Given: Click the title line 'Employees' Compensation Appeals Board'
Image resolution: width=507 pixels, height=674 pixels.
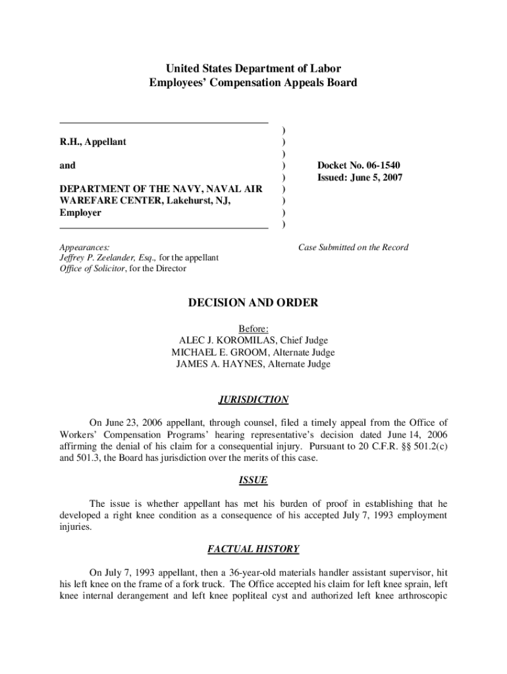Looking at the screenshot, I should coord(253,83).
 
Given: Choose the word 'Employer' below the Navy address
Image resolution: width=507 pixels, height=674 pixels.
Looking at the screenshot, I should coord(80,213).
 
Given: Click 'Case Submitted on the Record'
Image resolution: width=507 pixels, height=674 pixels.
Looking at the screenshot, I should coord(353,247).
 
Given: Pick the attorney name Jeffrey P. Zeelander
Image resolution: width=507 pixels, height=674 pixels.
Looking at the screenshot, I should coord(97,258).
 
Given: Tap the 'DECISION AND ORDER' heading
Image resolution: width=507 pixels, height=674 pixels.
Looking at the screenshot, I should coord(253,303).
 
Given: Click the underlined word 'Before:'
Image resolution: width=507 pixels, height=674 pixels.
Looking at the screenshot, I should coord(253,328).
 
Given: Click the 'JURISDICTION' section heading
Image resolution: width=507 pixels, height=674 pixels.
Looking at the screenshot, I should coord(253,400).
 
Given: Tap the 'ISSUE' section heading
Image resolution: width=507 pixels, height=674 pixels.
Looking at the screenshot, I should coord(253,480).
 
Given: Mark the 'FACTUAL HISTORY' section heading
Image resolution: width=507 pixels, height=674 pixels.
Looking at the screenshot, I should coord(253,549).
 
